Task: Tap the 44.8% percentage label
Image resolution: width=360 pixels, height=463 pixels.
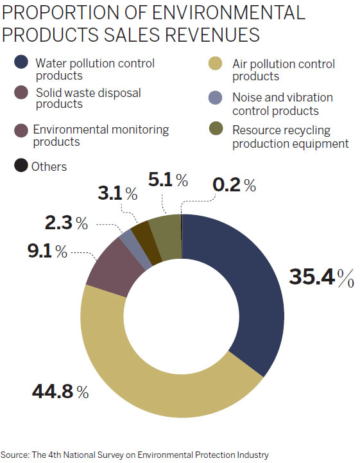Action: point(58,391)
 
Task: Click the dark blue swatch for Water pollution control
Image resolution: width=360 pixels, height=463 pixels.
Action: point(21,63)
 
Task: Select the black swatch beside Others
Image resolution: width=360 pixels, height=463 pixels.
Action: point(21,166)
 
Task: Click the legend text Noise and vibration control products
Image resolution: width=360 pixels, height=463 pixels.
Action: point(282,104)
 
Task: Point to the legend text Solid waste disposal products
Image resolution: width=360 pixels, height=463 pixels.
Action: point(88,99)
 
